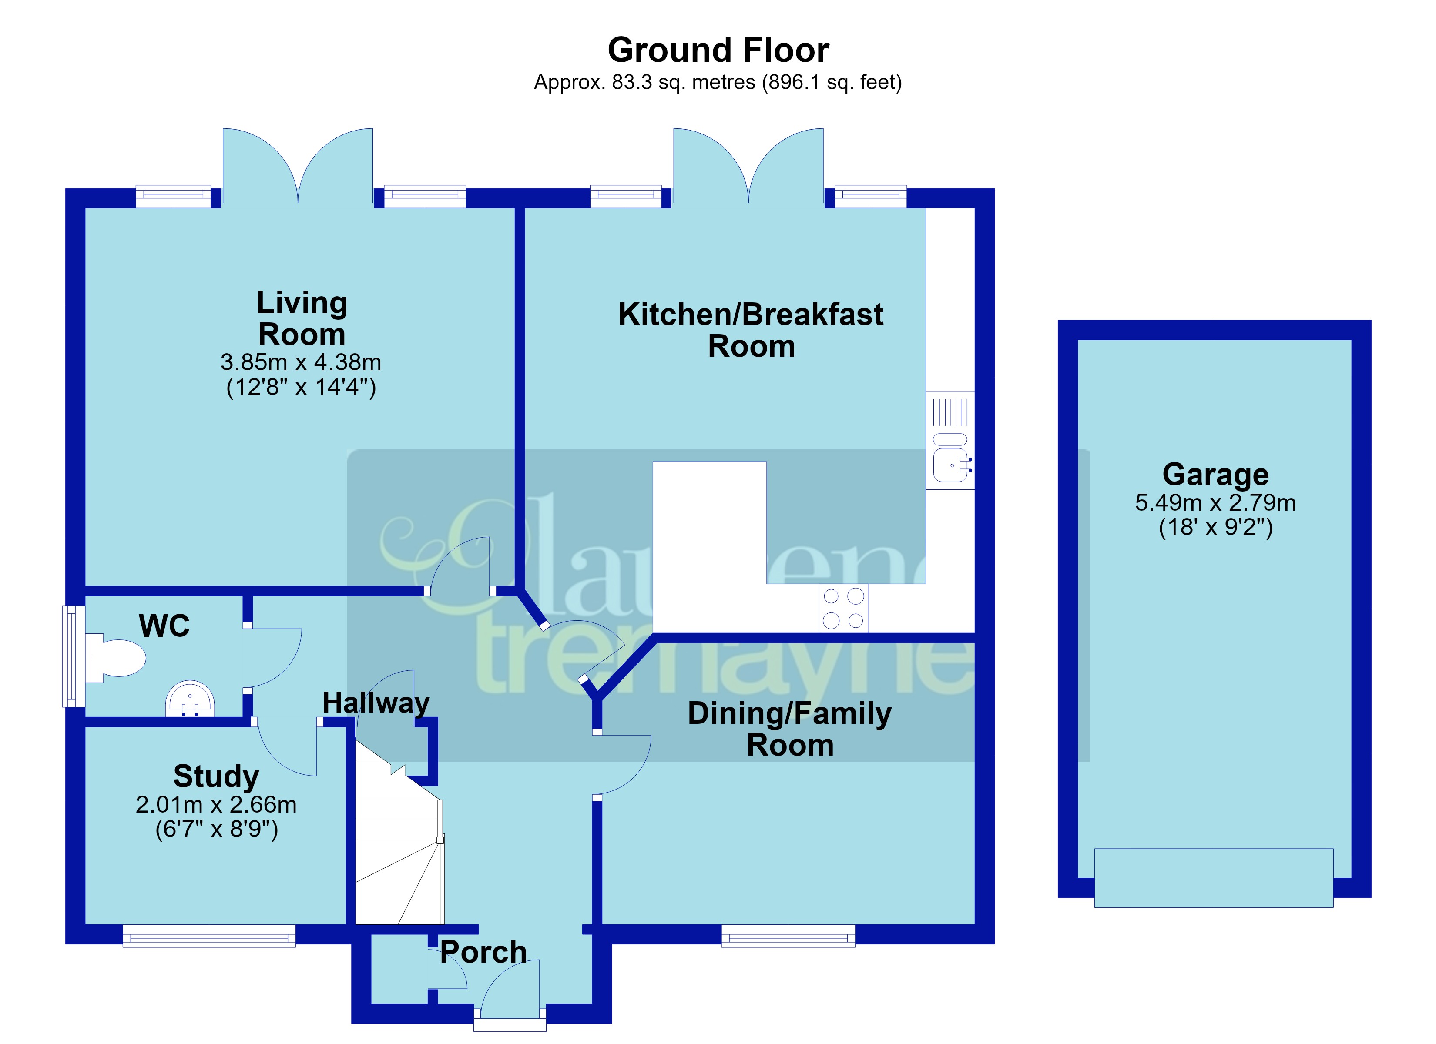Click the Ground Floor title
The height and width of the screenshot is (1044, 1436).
pyautogui.click(x=718, y=50)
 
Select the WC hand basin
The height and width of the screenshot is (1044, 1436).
pyautogui.click(x=190, y=698)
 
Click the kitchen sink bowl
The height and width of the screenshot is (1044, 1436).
pyautogui.click(x=951, y=465)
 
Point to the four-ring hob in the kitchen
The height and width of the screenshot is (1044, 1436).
pyautogui.click(x=843, y=607)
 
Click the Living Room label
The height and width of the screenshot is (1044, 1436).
pyautogui.click(x=302, y=318)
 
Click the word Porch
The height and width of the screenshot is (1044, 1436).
pyautogui.click(x=483, y=952)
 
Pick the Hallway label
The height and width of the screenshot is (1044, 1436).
pyautogui.click(x=376, y=703)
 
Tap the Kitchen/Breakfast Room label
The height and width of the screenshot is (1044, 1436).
pyautogui.click(x=751, y=330)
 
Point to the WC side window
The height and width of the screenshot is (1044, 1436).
pyautogui.click(x=74, y=656)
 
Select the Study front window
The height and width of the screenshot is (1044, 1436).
pyautogui.click(x=209, y=935)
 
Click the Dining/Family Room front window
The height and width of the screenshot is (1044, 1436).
pyautogui.click(x=788, y=935)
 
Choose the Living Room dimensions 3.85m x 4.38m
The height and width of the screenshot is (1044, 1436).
pyautogui.click(x=301, y=362)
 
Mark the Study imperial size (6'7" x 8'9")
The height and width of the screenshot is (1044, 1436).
pyautogui.click(x=217, y=829)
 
